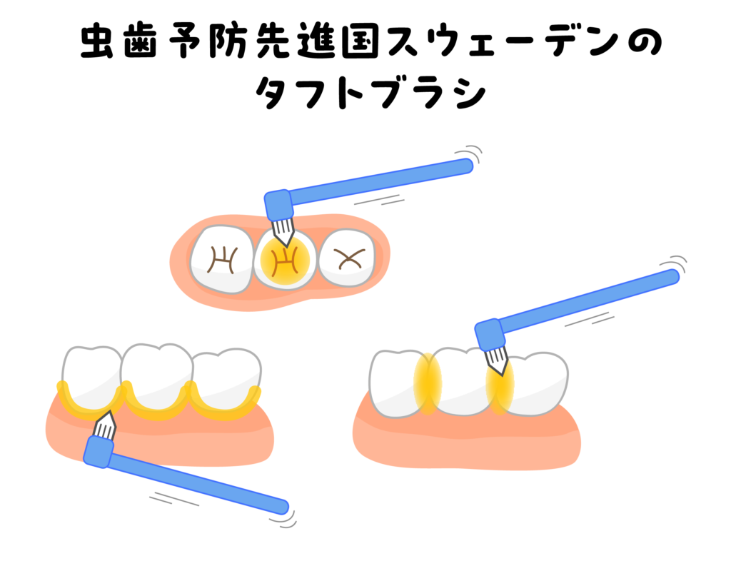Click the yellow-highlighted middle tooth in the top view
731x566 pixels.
pyautogui.click(x=285, y=261)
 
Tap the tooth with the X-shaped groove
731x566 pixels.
pyautogui.click(x=347, y=258)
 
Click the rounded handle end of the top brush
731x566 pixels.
pyautogui.click(x=465, y=166)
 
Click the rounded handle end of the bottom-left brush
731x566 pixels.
pyautogui.click(x=282, y=507)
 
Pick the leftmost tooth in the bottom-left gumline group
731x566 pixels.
pyautogui.click(x=91, y=376)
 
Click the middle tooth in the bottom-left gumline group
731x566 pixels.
pyautogui.click(x=156, y=376)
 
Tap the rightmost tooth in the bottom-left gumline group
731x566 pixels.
pyautogui.click(x=226, y=378)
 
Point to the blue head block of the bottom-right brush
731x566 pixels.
pyautogui.click(x=489, y=334)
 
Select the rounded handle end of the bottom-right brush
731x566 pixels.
pyautogui.click(x=672, y=277)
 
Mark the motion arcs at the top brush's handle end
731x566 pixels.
pyautogui.click(x=472, y=152)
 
